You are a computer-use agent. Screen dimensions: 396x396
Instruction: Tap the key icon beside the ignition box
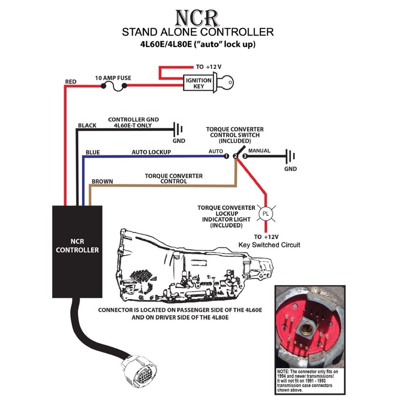227,83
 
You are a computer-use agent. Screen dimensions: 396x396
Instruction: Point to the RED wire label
71,81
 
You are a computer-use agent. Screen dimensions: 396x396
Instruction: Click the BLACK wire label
87,126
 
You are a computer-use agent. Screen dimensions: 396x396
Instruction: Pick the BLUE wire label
93,152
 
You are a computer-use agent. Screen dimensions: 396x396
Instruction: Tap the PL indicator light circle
266,214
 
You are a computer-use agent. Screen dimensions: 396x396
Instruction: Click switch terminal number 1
226,156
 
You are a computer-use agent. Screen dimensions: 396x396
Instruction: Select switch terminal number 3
245,156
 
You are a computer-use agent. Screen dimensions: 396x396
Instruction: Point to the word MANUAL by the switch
259,149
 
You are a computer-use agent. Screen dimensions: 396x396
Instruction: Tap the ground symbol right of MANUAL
291,157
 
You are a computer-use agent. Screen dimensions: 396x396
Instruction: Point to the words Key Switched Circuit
269,245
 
